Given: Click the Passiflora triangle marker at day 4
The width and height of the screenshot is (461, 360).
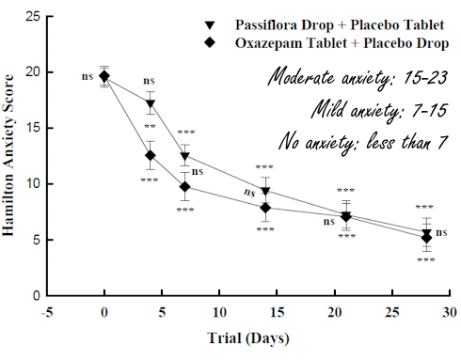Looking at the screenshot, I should pos(150,104).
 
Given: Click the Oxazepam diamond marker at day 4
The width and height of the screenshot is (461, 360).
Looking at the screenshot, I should pos(150,155).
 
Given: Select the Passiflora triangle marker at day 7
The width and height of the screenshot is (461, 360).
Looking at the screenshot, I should pos(185,156).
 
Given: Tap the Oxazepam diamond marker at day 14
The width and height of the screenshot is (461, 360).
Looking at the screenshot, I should pos(265,208).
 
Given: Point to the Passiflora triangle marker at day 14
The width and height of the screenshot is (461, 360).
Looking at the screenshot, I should pos(265,192).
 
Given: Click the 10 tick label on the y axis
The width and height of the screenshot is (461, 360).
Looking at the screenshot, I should pos(34,183).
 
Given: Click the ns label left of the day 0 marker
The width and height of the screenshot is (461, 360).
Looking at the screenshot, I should pos(87,77).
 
